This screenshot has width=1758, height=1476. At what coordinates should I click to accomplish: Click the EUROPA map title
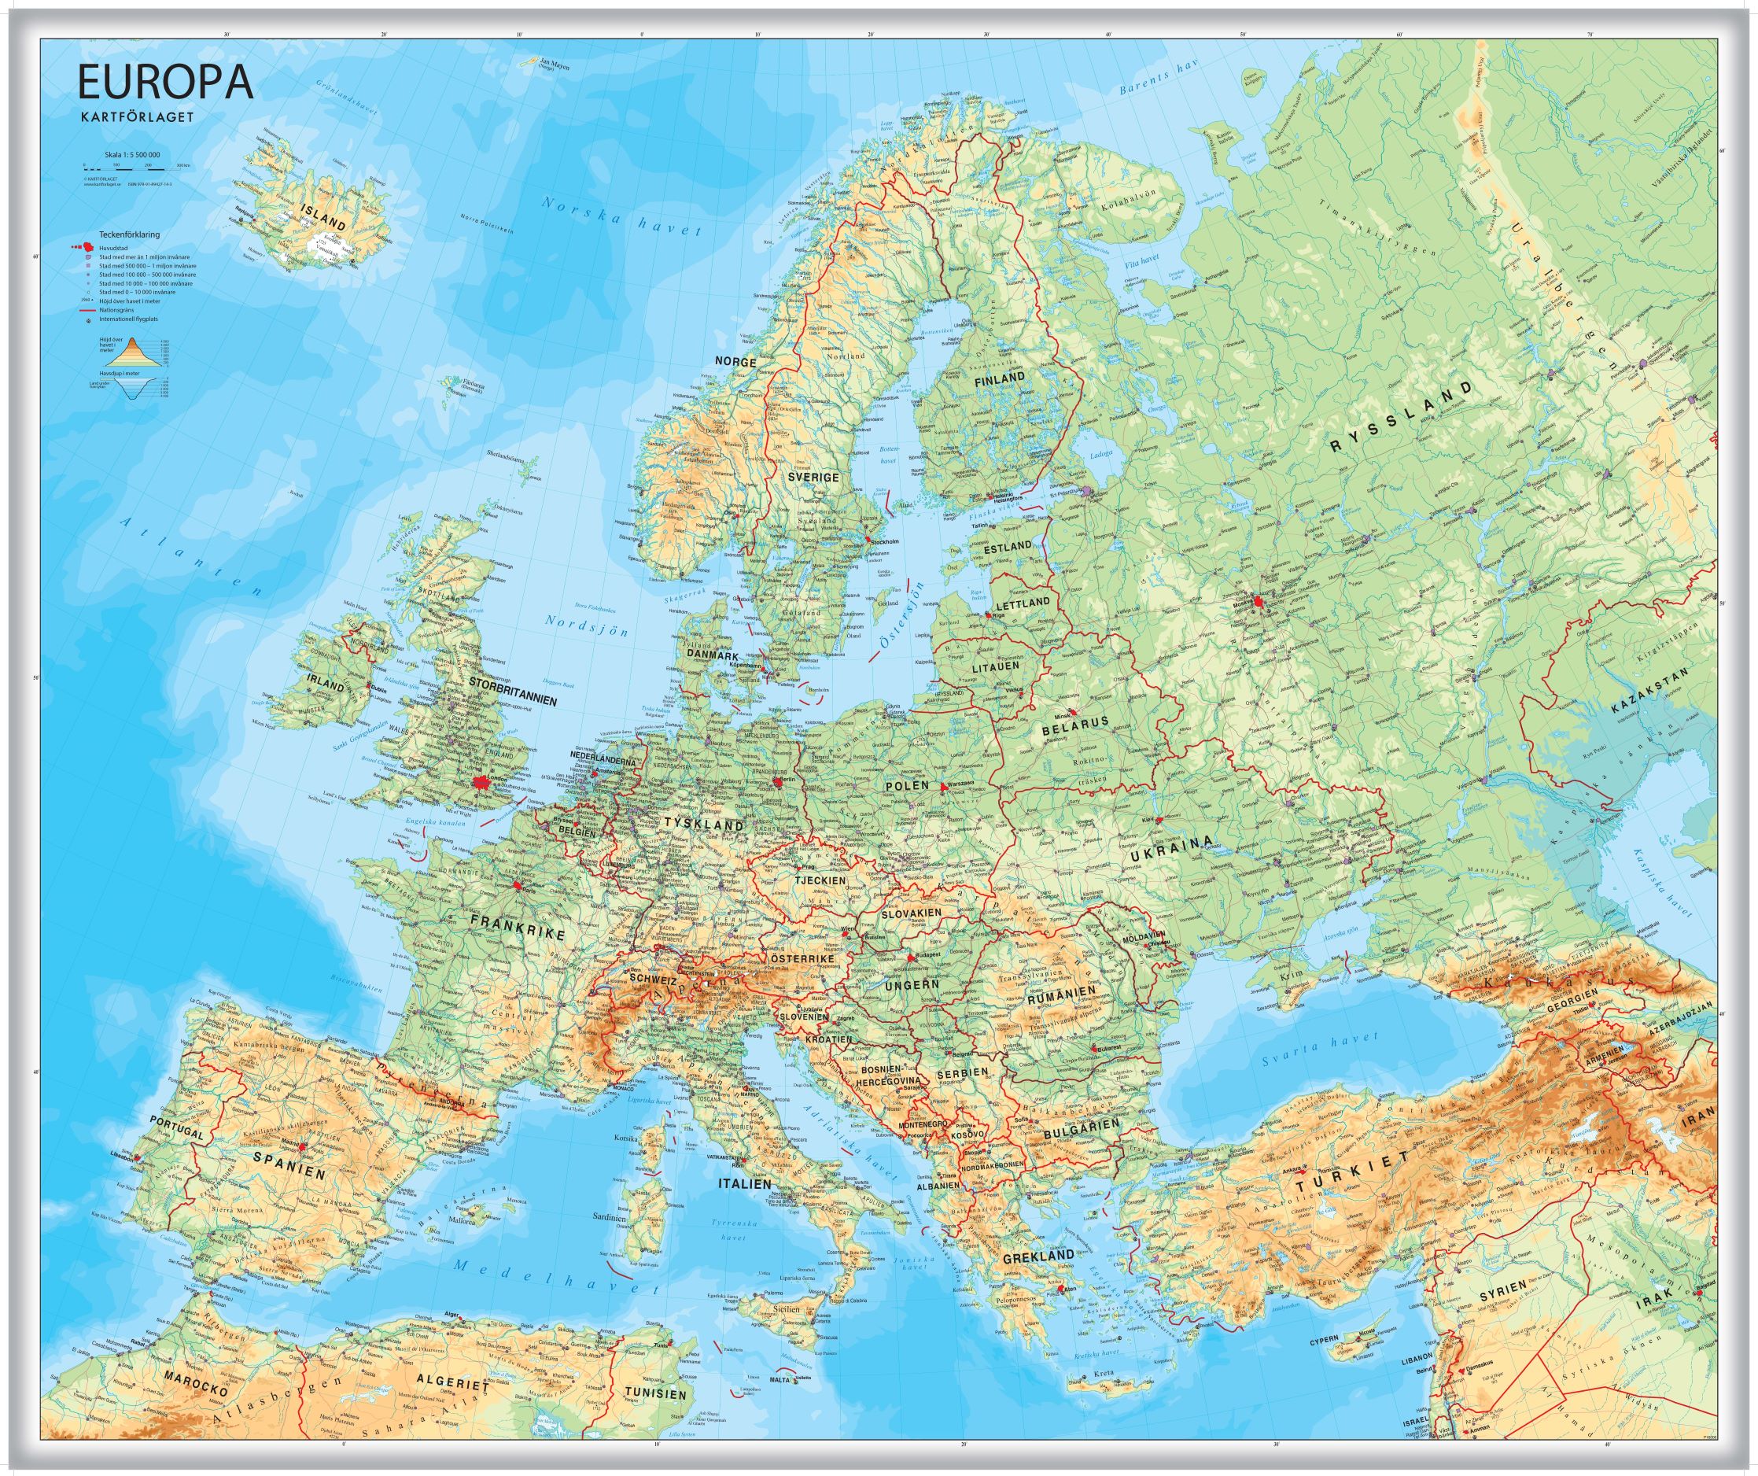(x=165, y=83)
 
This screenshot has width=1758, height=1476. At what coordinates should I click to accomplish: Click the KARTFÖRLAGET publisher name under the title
(x=136, y=116)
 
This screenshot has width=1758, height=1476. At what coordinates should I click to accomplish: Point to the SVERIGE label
(x=813, y=476)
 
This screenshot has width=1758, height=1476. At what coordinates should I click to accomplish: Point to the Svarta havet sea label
(x=1320, y=1050)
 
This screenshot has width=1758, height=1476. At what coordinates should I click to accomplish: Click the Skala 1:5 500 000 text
(x=132, y=155)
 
